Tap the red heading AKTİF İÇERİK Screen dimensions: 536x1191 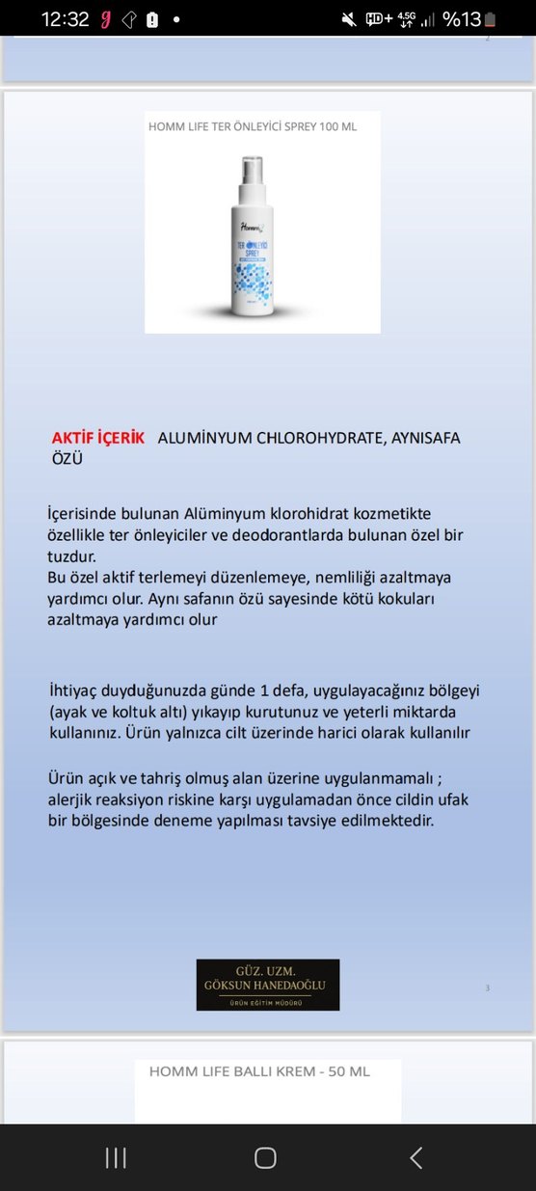(98, 438)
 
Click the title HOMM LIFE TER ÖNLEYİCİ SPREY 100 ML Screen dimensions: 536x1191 (253, 126)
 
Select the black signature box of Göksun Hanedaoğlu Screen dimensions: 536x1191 (268, 984)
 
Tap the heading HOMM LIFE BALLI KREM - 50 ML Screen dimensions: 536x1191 (259, 1071)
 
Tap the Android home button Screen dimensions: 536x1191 (265, 1157)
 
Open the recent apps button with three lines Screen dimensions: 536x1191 (116, 1157)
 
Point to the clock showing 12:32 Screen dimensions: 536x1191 (66, 19)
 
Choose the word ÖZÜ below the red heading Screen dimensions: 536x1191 (67, 459)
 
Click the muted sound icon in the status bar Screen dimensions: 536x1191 (349, 19)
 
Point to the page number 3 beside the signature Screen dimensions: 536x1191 (488, 988)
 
